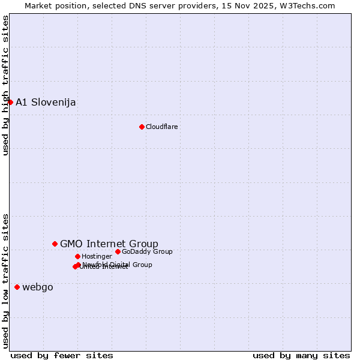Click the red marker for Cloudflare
point(142,127)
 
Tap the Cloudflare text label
point(162,127)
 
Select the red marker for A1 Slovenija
point(10,102)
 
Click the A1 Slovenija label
point(46,102)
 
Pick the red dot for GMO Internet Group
point(55,244)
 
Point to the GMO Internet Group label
point(109,244)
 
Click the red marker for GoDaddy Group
point(118,251)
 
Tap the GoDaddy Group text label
point(147,251)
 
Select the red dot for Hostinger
point(77,256)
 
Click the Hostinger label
point(97,256)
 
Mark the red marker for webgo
point(17,287)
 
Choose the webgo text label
point(38,287)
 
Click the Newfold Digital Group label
point(118,264)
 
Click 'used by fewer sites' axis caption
point(62,355)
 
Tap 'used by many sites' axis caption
point(301,355)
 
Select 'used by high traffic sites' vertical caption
point(5,85)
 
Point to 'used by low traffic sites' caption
point(5,280)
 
